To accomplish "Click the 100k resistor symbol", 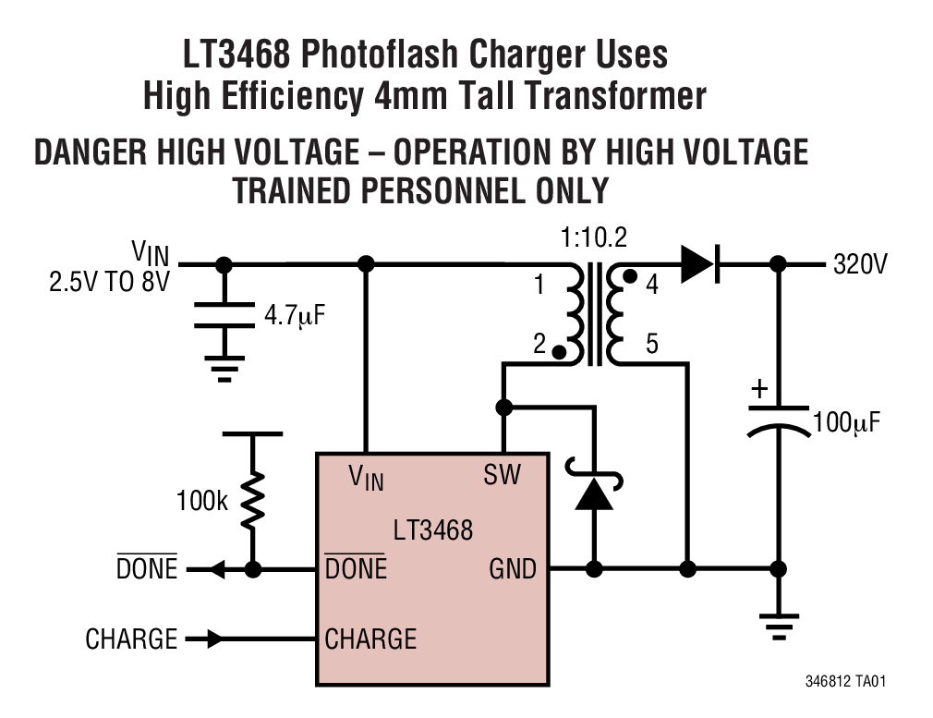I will [251, 503].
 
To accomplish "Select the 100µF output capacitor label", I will [846, 423].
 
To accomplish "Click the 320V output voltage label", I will [859, 265].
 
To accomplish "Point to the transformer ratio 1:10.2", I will [593, 238].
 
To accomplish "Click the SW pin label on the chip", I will [502, 476].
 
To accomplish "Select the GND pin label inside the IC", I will [512, 569].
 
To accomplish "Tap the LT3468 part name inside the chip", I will [432, 529].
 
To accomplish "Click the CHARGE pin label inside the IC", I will [370, 639].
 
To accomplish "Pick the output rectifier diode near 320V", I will [698, 265].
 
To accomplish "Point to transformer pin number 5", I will [651, 346].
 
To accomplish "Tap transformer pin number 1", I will [539, 286].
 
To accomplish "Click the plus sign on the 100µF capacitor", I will [758, 389].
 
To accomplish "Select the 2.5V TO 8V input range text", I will [109, 282].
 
